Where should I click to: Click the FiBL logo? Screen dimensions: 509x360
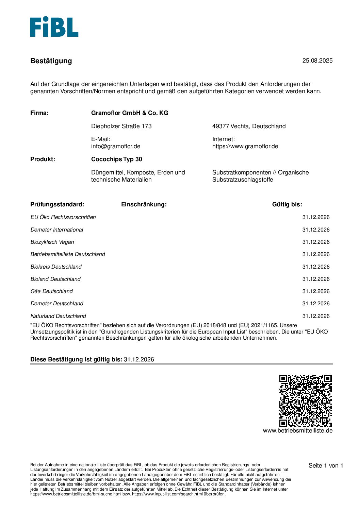click(54, 27)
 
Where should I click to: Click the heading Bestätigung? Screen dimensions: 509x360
click(51, 61)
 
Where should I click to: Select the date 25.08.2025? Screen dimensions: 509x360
click(317, 61)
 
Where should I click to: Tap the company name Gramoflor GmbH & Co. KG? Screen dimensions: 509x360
click(130, 113)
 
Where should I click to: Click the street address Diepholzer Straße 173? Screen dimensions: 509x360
click(121, 126)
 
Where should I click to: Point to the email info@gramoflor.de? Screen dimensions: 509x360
click(116, 146)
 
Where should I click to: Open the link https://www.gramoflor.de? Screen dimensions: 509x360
click(245, 146)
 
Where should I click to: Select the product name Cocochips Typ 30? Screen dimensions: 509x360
click(116, 159)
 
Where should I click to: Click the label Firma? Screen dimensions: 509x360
click(39, 113)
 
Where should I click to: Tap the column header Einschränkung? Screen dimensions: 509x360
click(144, 204)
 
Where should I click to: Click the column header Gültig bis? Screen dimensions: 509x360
click(287, 204)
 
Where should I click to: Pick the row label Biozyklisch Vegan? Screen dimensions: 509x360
click(52, 242)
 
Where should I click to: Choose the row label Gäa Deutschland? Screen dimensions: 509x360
click(51, 291)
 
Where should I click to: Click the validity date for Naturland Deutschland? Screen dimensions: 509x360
click(316, 316)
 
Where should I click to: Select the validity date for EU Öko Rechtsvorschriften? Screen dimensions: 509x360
click(316, 217)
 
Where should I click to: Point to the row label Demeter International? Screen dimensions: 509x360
click(57, 230)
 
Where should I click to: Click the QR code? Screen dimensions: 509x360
click(305, 401)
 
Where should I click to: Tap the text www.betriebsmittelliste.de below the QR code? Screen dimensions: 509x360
click(297, 430)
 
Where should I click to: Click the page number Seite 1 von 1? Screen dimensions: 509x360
click(326, 465)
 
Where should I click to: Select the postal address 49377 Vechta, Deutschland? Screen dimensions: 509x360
click(249, 126)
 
